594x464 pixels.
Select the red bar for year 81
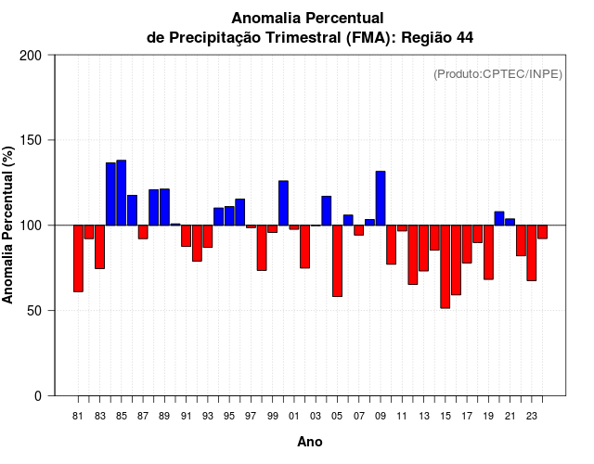[78, 258]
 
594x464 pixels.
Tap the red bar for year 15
[445, 266]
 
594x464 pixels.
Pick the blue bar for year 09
[381, 198]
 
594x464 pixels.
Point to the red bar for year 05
[337, 261]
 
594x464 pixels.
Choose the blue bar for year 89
[164, 206]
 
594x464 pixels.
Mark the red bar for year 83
[99, 247]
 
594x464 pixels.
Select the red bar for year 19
[488, 251]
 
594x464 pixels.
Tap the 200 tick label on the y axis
[31, 56]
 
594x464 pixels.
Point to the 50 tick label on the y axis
[34, 311]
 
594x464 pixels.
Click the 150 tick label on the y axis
[31, 140]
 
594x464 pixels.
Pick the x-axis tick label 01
[294, 417]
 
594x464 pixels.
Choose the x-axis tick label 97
[251, 417]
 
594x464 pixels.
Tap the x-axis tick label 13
[423, 417]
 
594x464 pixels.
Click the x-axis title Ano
[309, 442]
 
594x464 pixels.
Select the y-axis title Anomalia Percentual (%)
[8, 225]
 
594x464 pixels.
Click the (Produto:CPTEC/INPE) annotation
[497, 74]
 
